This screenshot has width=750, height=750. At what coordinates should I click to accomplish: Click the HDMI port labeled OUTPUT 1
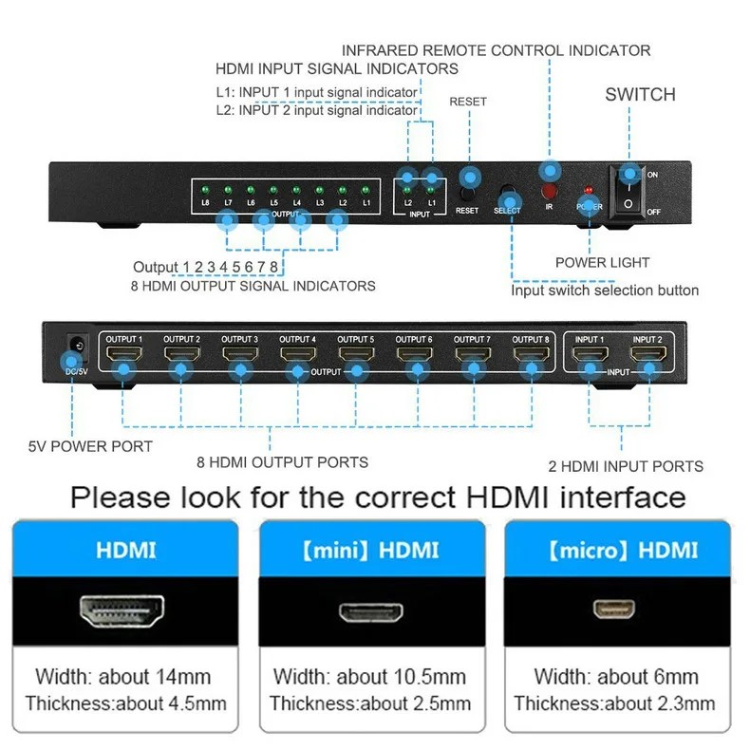pos(123,357)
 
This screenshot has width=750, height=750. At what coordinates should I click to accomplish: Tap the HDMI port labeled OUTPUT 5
pos(356,357)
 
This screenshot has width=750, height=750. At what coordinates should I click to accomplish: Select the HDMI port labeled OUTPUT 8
pos(531,357)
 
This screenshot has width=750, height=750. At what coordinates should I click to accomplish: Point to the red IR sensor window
pos(549,190)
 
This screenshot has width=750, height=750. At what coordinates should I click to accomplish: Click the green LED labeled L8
pos(205,191)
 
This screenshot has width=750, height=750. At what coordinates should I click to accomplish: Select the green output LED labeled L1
pos(365,191)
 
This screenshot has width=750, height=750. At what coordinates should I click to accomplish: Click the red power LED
pos(588,190)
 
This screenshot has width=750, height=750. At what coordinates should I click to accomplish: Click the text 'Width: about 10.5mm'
pos(370,677)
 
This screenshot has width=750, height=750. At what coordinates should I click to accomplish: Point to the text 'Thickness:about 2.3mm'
pos(614,703)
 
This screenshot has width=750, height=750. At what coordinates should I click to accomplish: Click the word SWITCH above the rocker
pos(640,94)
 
